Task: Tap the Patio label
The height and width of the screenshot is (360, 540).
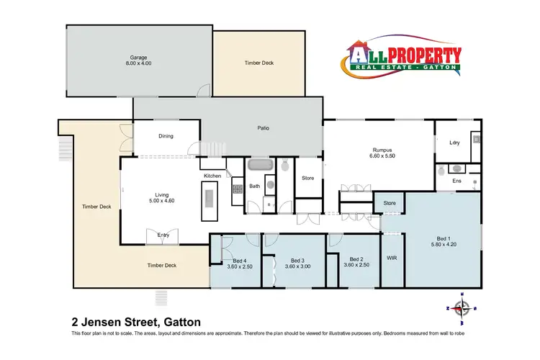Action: pyautogui.click(x=263, y=129)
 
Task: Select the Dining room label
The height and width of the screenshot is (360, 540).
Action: pyautogui.click(x=166, y=135)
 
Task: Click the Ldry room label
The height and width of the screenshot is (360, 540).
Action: pyautogui.click(x=454, y=143)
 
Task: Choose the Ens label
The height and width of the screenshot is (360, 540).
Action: pyautogui.click(x=456, y=180)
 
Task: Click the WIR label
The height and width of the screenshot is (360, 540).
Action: pyautogui.click(x=392, y=257)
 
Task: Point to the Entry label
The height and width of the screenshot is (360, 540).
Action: pyautogui.click(x=163, y=235)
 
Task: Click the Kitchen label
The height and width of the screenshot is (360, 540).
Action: pyautogui.click(x=212, y=176)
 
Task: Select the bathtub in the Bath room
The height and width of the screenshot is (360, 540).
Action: pyautogui.click(x=260, y=165)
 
